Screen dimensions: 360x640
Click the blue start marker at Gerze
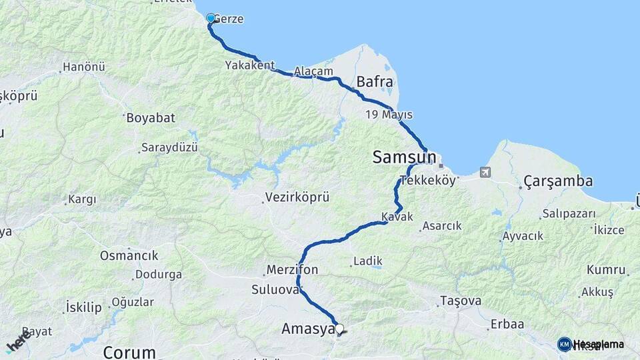pyautogui.click(x=211, y=18)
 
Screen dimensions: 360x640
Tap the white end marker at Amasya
pyautogui.click(x=339, y=329)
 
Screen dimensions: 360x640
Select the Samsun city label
pyautogui.click(x=404, y=158)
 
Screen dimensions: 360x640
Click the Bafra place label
pyautogui.click(x=375, y=82)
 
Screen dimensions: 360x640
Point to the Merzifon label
pyautogui.click(x=292, y=270)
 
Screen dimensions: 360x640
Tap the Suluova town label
pyautogui.click(x=275, y=289)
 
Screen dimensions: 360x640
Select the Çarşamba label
pyautogui.click(x=558, y=181)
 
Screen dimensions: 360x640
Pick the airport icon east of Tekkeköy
pyautogui.click(x=485, y=172)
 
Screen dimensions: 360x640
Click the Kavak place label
pyautogui.click(x=397, y=217)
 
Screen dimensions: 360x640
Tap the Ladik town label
pyautogui.click(x=367, y=261)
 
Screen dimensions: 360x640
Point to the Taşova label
pyautogui.click(x=460, y=301)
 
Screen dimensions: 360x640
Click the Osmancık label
pyautogui.click(x=129, y=255)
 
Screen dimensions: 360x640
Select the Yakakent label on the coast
pyautogui.click(x=249, y=65)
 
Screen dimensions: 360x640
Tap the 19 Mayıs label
pyautogui.click(x=389, y=115)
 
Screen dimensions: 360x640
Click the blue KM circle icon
pyautogui.click(x=564, y=344)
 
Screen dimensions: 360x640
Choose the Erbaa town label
pyautogui.click(x=507, y=324)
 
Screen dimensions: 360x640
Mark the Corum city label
pyautogui.click(x=129, y=351)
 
